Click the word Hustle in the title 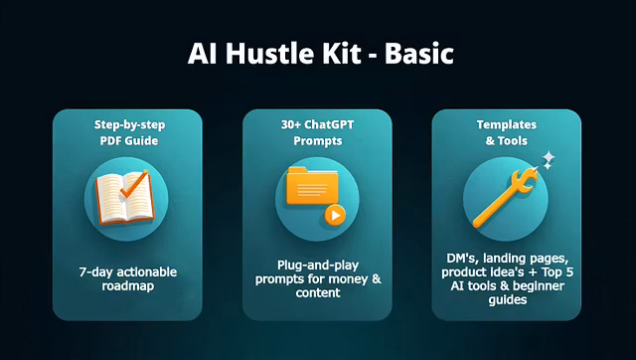pyautogui.click(x=272, y=54)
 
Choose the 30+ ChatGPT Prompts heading pyautogui.click(x=318, y=133)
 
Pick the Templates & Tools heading pyautogui.click(x=507, y=134)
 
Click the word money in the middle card pyautogui.click(x=349, y=279)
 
